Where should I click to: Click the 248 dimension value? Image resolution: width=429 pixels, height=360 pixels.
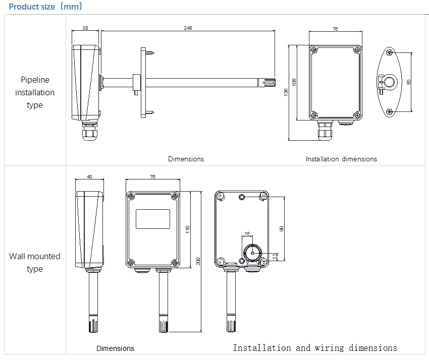click(x=188, y=28)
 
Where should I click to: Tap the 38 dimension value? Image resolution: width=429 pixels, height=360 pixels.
click(x=85, y=28)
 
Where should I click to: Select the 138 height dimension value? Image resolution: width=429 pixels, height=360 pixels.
click(x=286, y=92)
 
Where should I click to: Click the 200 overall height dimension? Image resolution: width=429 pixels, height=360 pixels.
click(x=198, y=261)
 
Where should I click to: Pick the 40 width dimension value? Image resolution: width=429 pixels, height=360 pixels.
click(x=89, y=176)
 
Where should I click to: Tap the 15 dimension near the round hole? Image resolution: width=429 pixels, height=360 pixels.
click(x=247, y=233)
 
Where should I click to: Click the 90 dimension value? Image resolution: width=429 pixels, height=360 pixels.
click(x=282, y=228)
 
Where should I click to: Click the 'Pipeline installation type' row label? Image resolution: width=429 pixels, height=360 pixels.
click(x=35, y=92)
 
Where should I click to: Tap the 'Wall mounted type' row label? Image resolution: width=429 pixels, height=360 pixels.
click(x=34, y=262)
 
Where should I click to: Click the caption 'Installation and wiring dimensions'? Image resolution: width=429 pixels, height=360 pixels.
click(x=315, y=348)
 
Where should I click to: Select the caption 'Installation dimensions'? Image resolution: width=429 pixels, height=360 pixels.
click(x=341, y=159)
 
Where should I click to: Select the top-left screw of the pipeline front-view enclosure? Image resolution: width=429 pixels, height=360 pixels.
click(x=314, y=50)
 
